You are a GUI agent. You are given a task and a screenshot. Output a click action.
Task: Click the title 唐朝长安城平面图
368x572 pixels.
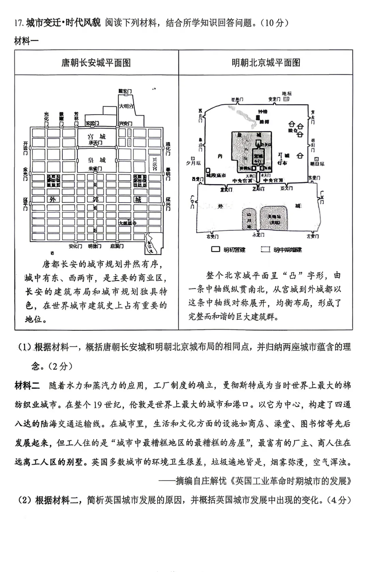[x=96, y=63]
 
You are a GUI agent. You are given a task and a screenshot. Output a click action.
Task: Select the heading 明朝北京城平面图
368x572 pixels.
[x=266, y=63]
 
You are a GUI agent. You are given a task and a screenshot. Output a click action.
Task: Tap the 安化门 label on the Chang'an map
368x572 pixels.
[x=75, y=246]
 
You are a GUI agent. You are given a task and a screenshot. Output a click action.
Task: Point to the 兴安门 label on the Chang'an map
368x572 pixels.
[x=125, y=123]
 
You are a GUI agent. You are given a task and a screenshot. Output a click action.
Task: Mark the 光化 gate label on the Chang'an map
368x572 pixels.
[x=46, y=116]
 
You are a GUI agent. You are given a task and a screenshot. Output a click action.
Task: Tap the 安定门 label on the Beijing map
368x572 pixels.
[x=274, y=99]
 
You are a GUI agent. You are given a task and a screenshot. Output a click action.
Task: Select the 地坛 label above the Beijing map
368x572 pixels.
[x=287, y=93]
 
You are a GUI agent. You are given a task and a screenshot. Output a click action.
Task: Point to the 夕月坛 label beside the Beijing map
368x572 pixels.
[x=193, y=163]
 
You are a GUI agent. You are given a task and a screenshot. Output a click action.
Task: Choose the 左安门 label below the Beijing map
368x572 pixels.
[x=312, y=236]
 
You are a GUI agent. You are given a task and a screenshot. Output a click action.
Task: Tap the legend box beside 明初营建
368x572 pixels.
[x=215, y=249]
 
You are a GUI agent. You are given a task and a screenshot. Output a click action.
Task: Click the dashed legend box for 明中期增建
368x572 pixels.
[x=265, y=249]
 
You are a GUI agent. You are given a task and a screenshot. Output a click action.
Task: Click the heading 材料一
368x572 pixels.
[x=27, y=41]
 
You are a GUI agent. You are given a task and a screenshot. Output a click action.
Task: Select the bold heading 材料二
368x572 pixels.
[x=27, y=385]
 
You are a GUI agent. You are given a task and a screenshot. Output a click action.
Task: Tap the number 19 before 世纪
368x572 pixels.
[x=97, y=404]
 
